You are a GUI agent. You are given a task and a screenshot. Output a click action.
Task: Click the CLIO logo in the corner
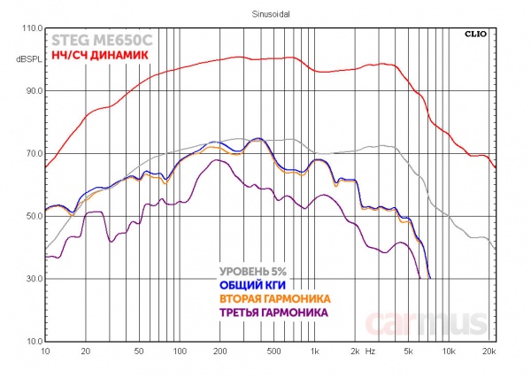(477, 35)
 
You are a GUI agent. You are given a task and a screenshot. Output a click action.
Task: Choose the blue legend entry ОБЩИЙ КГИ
(252, 285)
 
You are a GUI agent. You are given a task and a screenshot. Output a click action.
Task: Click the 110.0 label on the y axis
(32, 28)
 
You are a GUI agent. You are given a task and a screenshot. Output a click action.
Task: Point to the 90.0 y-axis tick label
(34, 91)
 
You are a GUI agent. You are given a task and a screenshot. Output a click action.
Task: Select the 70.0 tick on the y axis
(34, 154)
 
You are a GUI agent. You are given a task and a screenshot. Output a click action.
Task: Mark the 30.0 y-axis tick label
(34, 279)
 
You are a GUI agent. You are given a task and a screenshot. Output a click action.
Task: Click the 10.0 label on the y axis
(34, 342)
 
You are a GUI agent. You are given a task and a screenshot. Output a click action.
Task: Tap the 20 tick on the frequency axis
(86, 351)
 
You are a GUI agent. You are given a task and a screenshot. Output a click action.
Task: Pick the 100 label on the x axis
(180, 351)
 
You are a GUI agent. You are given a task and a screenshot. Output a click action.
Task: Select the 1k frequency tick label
(313, 351)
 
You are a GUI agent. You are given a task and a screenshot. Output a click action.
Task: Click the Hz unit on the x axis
(370, 351)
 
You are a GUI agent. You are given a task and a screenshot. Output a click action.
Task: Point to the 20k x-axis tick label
(489, 351)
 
